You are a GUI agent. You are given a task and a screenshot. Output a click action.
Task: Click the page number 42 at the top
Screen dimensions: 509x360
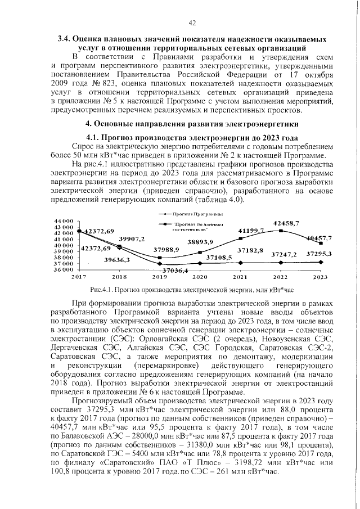point(192,22)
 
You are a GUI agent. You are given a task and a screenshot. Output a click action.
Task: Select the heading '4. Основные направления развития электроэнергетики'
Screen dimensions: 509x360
point(191,123)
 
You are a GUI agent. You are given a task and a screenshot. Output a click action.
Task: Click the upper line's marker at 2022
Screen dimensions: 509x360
point(280,231)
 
